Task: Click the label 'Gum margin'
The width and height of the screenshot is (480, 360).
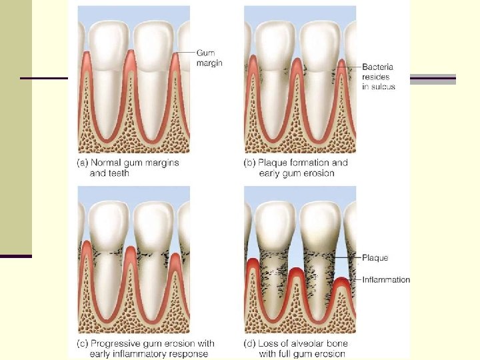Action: [209, 57]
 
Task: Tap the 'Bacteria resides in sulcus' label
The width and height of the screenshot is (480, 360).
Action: [379, 77]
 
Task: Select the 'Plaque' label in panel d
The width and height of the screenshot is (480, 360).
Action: [375, 258]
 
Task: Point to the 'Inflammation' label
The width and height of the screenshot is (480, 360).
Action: [386, 280]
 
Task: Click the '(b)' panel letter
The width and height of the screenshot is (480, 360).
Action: [250, 163]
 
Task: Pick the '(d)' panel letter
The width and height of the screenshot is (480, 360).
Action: [250, 343]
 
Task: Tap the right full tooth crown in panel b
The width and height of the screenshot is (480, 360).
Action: [322, 43]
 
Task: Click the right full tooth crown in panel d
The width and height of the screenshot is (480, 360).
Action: [322, 223]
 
